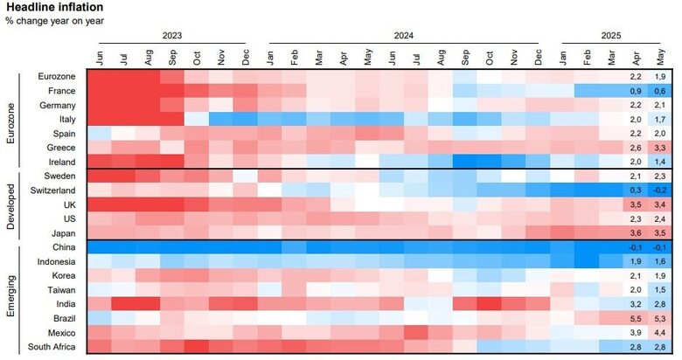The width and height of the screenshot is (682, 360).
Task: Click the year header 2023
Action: tap(172, 36)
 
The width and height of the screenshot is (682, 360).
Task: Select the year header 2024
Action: tap(403, 36)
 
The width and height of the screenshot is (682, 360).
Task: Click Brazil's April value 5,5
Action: tap(636, 318)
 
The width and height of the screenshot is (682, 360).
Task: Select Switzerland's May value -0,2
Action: tap(659, 190)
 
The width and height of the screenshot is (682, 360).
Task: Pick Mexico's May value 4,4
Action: tap(659, 333)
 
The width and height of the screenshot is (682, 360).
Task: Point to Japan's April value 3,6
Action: tap(636, 233)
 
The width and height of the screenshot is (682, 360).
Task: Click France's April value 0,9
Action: tap(636, 91)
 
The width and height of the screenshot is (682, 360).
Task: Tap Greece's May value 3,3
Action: tap(659, 148)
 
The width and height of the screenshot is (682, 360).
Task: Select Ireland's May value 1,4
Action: tap(659, 162)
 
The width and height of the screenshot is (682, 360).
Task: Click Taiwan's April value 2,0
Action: tap(636, 290)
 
